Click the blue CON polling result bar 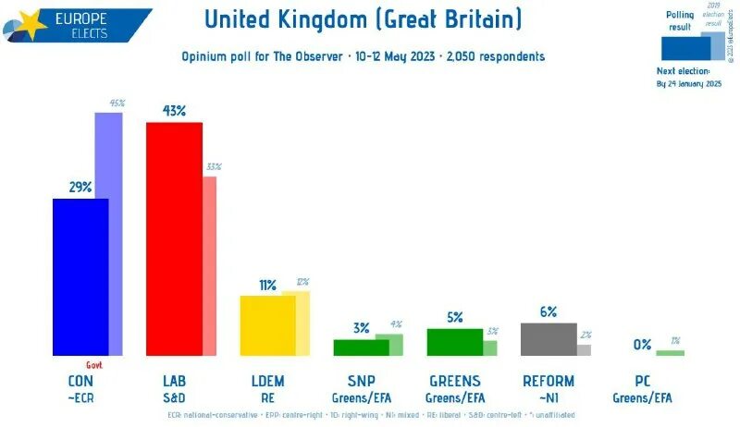point(80,276)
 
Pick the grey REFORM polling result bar point(549,339)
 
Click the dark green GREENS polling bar point(454,342)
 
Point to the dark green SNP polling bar point(361,348)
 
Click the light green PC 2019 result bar point(671,353)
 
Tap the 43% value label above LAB point(174,111)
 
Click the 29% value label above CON point(80,187)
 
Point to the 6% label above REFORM point(549,312)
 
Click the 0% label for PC point(642,345)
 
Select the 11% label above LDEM point(267,285)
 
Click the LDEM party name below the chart point(267,381)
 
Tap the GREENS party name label point(454,381)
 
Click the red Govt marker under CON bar point(93,364)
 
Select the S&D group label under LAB point(174,397)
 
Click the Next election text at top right point(683,70)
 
